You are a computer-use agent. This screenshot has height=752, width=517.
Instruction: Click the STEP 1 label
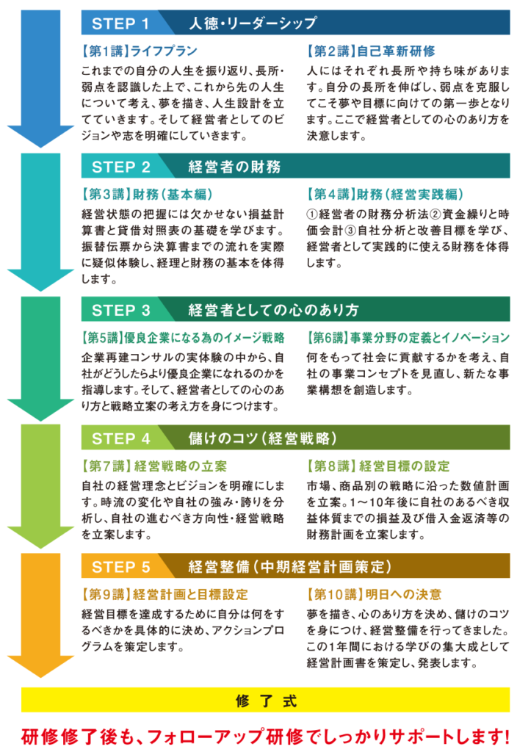pos(120,23)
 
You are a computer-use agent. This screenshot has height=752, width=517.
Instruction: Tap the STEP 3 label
pos(121,309)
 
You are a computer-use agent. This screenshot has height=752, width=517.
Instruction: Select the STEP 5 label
pos(121,566)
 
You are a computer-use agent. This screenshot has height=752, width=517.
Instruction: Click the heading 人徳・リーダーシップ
pos(252,23)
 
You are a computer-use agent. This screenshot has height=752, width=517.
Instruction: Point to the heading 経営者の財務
pos(234,167)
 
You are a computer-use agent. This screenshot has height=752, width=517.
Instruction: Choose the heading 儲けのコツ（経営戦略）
pos(263,438)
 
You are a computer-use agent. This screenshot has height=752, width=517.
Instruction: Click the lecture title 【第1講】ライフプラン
pos(135,51)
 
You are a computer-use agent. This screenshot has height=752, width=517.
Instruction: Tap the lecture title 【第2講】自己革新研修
pos(372,51)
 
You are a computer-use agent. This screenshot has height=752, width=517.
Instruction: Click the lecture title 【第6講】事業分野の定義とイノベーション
pos(408,338)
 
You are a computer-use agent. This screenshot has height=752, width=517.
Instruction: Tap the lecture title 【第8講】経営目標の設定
pos(379,466)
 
